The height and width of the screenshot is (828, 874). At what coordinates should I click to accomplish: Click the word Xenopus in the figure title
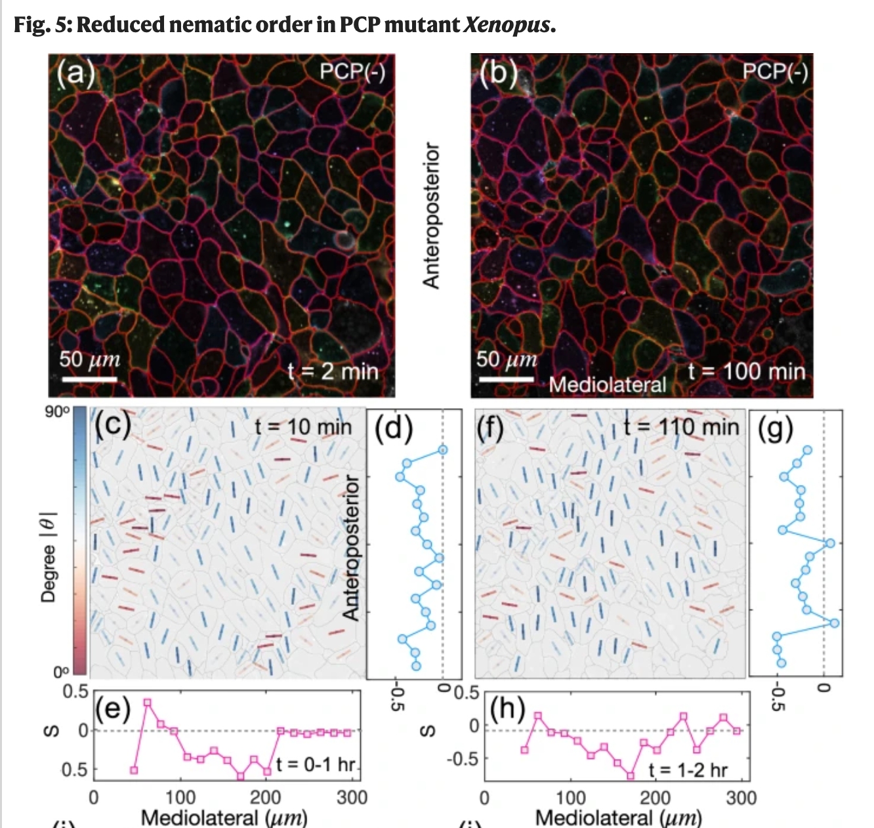pos(507,25)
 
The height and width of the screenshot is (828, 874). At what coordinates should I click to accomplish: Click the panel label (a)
pos(76,73)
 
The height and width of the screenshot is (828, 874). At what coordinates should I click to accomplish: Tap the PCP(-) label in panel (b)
pos(774,71)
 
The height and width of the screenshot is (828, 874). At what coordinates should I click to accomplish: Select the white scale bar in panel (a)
pos(89,379)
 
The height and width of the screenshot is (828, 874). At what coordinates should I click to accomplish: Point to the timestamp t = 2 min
pos(333,371)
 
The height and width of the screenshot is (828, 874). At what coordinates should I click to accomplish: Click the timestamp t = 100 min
pos(746,371)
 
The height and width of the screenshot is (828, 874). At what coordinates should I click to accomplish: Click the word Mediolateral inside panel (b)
pos(607,384)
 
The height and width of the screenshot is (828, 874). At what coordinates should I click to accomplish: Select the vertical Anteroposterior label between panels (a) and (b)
pos(431,215)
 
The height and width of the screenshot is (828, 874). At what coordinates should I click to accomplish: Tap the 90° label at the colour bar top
pos(57,412)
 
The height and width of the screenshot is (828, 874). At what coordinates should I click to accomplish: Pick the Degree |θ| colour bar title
pos(48,557)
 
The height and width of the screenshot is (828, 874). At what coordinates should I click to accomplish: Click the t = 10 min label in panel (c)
pos(302,427)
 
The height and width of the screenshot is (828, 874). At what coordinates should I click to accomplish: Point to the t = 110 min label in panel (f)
pos(681,427)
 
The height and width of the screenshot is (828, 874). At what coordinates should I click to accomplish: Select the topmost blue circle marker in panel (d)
pos(444,449)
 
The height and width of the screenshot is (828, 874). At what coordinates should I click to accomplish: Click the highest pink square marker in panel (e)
pos(148,703)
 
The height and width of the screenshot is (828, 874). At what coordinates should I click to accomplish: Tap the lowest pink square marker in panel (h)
pos(631,776)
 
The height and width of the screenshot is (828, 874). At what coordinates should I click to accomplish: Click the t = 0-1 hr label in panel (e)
pos(316,764)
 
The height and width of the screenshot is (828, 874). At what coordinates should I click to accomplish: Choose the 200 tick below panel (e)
pos(266,797)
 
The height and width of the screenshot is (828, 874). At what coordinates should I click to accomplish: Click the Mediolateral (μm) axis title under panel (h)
pos(618,818)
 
